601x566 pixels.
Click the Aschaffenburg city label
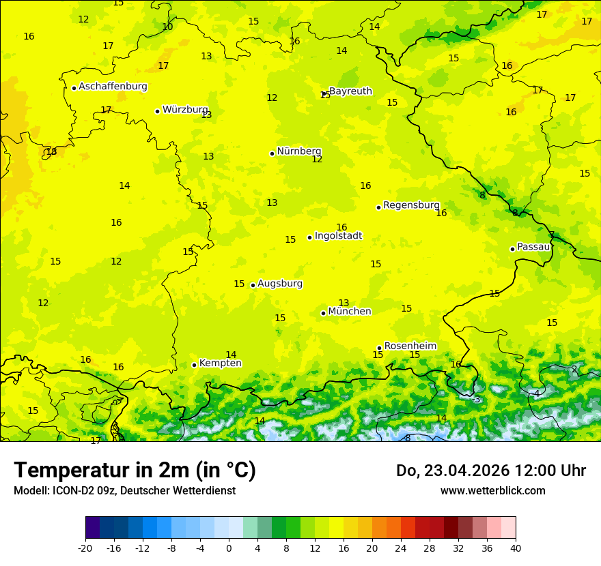click(x=113, y=87)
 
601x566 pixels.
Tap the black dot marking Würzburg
click(x=157, y=111)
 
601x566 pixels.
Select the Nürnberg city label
click(x=298, y=151)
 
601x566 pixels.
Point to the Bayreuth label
click(x=350, y=91)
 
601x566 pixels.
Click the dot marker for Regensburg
click(x=378, y=207)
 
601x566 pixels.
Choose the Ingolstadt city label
click(x=338, y=236)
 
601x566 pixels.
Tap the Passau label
click(x=533, y=247)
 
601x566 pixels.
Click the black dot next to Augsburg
click(x=253, y=285)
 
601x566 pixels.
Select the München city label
click(x=350, y=312)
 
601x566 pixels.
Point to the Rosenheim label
click(x=410, y=346)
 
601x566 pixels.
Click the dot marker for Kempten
click(x=194, y=365)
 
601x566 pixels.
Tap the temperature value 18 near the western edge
click(x=51, y=151)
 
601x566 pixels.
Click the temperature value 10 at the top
click(x=167, y=27)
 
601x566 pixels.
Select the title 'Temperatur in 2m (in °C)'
click(x=135, y=471)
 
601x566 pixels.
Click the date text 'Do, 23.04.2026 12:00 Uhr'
click(x=490, y=471)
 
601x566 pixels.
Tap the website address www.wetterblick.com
click(x=492, y=491)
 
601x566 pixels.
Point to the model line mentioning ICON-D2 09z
click(x=124, y=491)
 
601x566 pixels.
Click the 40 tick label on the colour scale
click(x=516, y=548)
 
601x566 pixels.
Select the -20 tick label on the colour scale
click(x=85, y=548)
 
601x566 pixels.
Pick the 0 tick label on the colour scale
click(x=229, y=548)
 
